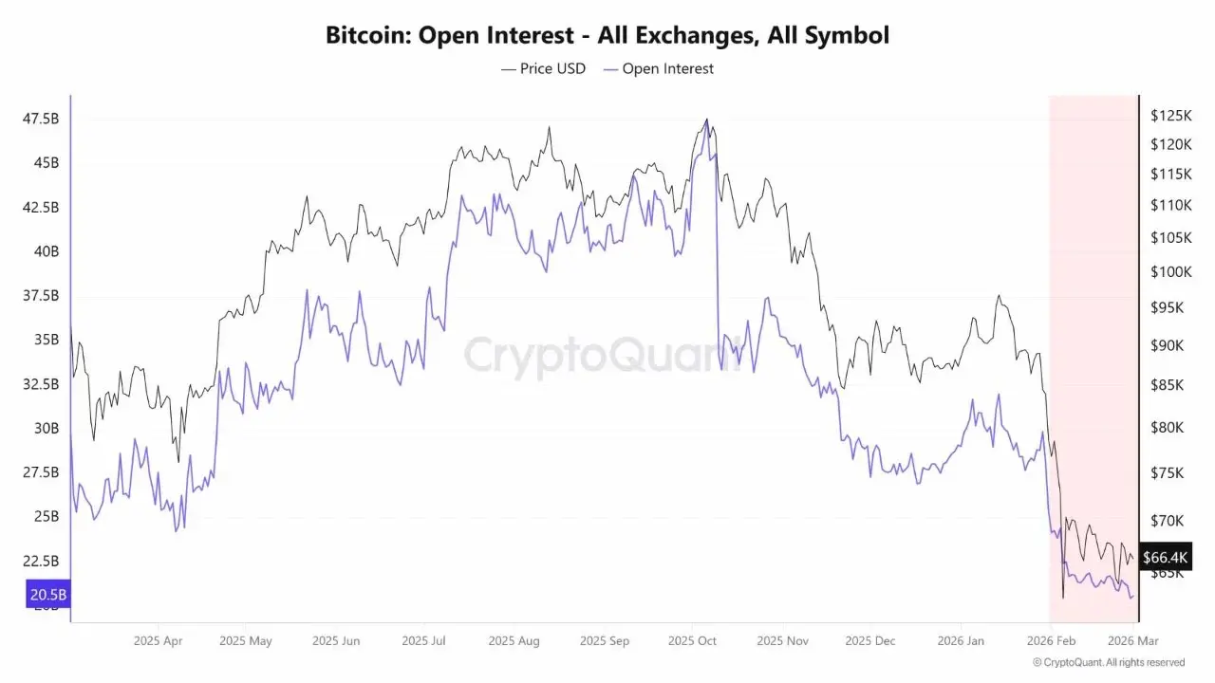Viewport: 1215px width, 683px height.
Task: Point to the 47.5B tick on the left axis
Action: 40,119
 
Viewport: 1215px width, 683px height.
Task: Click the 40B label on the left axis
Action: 46,251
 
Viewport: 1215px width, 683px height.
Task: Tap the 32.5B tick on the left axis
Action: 40,384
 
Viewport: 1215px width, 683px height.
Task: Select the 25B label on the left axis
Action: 46,517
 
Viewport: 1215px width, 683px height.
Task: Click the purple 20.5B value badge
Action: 48,595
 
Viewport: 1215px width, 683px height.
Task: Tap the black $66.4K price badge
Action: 1164,557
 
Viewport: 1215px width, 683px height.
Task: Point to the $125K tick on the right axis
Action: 1170,116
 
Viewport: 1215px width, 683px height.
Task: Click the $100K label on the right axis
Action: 1170,272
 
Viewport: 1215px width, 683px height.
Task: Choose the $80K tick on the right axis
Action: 1168,428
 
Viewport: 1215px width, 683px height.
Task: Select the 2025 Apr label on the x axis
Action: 158,641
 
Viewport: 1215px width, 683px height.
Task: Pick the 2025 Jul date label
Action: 423,641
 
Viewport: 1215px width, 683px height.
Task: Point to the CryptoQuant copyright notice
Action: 1109,662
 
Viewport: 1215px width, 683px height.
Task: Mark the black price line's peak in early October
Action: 706,120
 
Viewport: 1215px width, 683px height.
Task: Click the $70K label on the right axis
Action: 1168,521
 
